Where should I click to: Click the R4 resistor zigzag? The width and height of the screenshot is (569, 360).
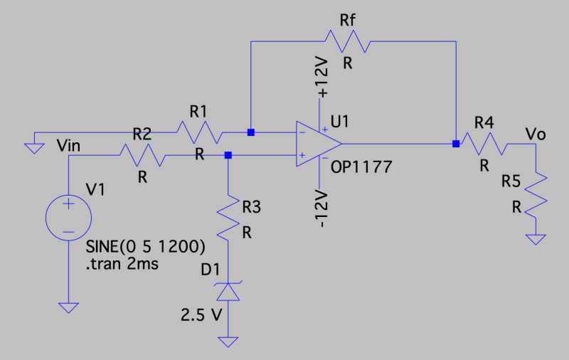484,144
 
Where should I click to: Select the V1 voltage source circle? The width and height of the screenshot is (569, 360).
68,216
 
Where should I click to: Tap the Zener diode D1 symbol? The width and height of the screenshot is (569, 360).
228,290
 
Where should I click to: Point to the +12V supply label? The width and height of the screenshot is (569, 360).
323,79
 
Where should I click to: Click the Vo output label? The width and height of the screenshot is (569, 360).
535,133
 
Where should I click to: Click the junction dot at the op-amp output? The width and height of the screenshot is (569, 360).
455,144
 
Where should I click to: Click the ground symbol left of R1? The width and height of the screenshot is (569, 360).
32,147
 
